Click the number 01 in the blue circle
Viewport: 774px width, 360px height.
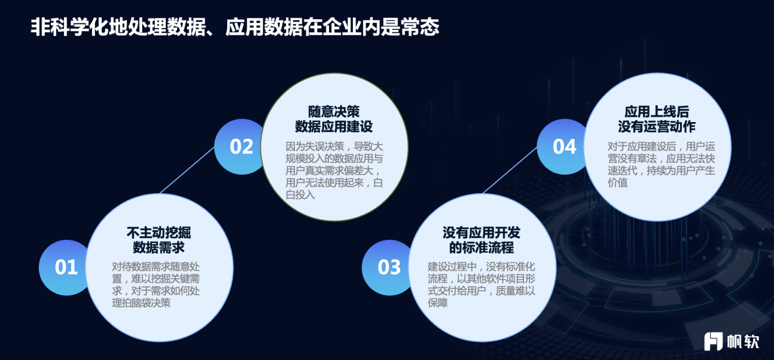[66, 267]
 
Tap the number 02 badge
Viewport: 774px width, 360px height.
[241, 147]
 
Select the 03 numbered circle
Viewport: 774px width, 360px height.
[389, 267]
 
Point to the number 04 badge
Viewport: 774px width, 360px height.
[564, 147]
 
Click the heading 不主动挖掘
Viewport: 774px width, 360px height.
[159, 233]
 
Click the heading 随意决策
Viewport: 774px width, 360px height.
[334, 112]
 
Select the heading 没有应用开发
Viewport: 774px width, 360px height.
[482, 233]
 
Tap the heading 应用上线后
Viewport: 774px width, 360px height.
[657, 112]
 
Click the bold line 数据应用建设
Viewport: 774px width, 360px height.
[334, 126]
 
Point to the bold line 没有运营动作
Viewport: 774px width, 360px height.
[657, 126]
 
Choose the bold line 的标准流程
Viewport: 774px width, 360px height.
[482, 248]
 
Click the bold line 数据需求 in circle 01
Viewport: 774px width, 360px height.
[159, 248]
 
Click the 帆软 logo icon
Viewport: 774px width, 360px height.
[713, 341]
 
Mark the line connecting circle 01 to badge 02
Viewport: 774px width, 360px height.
[187, 170]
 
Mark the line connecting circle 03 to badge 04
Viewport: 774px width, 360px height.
[510, 170]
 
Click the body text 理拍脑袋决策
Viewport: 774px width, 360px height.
[141, 303]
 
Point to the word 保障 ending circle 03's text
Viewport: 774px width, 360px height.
[437, 303]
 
